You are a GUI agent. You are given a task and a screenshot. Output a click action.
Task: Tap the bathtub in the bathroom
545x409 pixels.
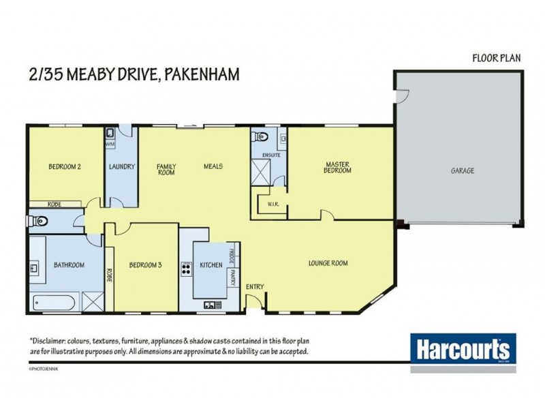click(54, 300)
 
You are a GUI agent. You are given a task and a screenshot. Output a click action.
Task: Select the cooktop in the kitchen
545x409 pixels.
click(185, 269)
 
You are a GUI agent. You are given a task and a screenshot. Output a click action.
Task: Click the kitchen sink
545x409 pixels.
click(211, 305)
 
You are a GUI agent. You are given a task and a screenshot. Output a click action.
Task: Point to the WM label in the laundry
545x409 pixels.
click(109, 145)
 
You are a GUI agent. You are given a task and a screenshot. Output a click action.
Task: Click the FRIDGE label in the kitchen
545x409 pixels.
click(232, 258)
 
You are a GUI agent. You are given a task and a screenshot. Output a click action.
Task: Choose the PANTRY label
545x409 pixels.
click(232, 277)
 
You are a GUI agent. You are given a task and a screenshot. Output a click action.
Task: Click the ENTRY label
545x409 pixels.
click(255, 287)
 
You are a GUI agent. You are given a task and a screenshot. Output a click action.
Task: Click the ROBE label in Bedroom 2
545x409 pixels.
click(55, 203)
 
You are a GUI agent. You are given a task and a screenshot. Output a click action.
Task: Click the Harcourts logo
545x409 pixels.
click(461, 348)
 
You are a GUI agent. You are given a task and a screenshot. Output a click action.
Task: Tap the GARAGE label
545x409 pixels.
click(461, 170)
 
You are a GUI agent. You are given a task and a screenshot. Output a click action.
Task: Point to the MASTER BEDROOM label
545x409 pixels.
click(337, 167)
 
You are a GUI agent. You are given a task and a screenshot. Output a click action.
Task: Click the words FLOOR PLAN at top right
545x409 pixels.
click(497, 58)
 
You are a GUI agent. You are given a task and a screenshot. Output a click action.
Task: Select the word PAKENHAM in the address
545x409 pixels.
click(202, 74)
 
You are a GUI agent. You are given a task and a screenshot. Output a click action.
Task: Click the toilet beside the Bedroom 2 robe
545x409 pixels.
click(40, 220)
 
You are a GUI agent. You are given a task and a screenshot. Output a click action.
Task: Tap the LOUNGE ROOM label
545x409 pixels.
click(328, 262)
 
